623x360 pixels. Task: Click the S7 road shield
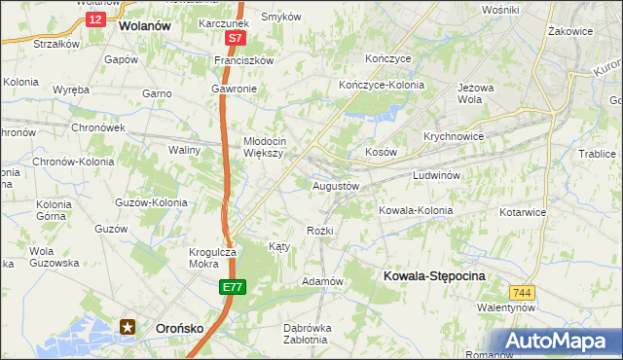click(x=235, y=38)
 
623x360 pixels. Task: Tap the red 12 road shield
click(x=94, y=18)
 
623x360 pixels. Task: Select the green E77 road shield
click(x=232, y=287)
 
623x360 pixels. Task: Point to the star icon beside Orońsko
click(x=128, y=328)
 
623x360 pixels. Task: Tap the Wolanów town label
click(x=144, y=27)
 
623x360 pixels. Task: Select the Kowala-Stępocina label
click(x=434, y=276)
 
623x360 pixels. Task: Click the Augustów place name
click(x=336, y=185)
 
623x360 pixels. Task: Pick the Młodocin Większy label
click(x=263, y=146)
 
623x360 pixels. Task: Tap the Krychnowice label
click(x=454, y=137)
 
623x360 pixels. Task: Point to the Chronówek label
click(x=95, y=127)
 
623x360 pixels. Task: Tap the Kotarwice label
click(x=525, y=210)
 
